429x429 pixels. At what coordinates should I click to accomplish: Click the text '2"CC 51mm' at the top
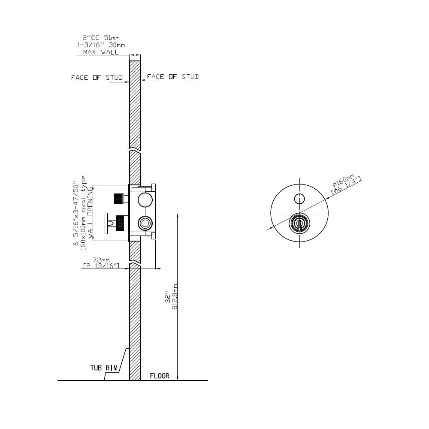pos(101,38)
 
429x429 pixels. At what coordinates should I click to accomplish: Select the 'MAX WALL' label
pos(97,52)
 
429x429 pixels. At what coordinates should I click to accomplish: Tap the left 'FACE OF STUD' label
pos(97,78)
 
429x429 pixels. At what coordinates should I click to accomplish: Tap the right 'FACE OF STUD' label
pos(173,77)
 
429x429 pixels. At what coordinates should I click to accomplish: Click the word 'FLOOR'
pos(160,376)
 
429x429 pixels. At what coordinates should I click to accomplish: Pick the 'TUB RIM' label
pos(104,368)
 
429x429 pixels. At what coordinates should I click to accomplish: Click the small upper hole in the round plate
pos(299,198)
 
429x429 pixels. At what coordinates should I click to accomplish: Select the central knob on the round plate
pos(299,223)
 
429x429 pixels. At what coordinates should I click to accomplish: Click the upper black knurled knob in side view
pos(119,199)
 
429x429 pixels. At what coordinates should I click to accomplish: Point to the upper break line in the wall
pos(135,151)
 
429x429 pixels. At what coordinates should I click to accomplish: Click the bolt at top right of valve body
pos(153,186)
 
